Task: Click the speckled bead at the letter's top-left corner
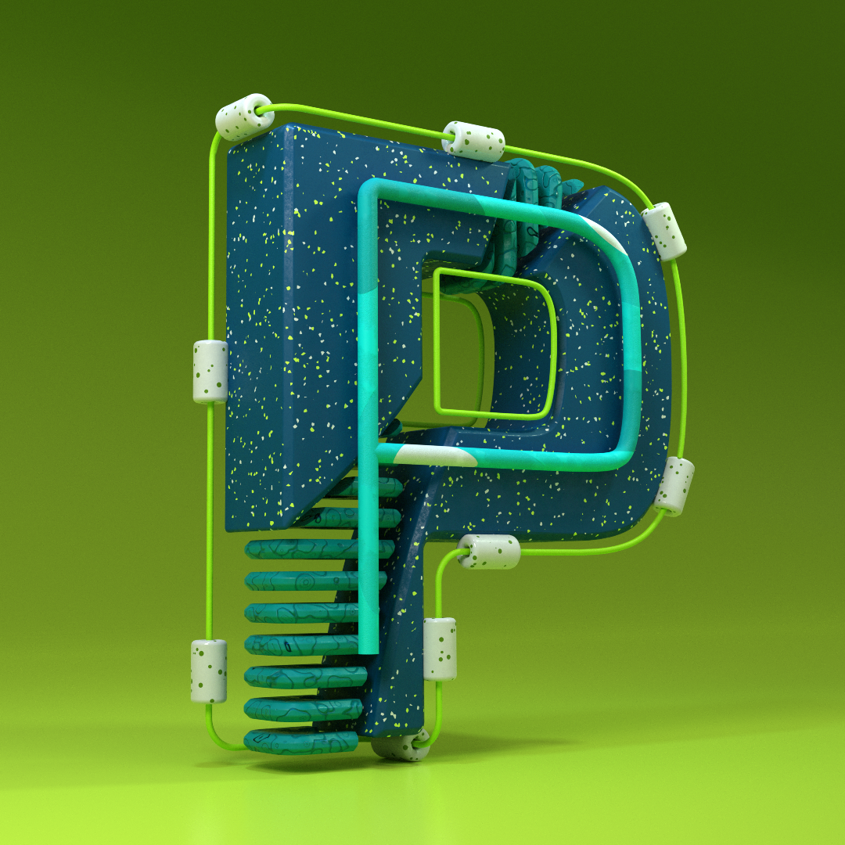point(244,117)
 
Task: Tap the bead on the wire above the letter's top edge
point(473,141)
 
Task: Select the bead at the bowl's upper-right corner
point(664,231)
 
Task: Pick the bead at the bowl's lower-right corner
point(674,486)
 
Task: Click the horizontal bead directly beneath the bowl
point(489,552)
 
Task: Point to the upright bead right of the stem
point(440,649)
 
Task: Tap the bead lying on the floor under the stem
point(401,746)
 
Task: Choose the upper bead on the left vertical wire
point(210,372)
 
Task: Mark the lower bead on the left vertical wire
point(209,671)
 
